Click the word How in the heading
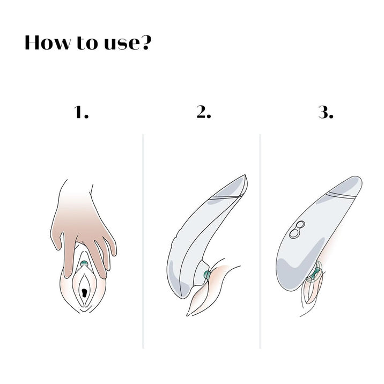47,42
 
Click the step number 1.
81,113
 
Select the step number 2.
204,113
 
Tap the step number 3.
326,113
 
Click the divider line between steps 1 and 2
143,241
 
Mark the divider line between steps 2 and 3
260,241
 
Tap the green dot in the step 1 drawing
84,263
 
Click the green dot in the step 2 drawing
207,275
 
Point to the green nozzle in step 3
315,272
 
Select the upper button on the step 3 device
300,225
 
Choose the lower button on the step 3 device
294,233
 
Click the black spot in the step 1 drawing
84,293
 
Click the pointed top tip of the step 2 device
245,175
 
